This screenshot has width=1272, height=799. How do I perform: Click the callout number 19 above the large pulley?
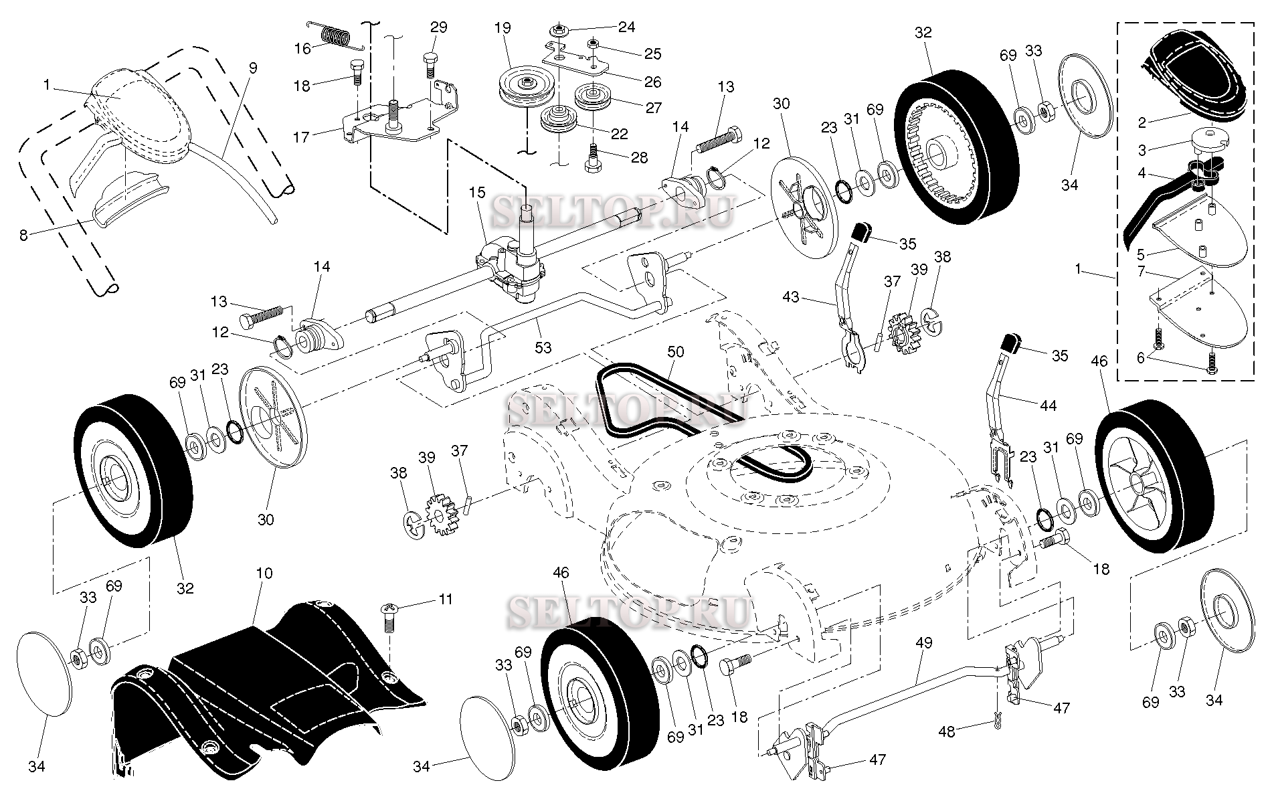pyautogui.click(x=503, y=28)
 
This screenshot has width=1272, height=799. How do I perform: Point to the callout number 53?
pyautogui.click(x=543, y=347)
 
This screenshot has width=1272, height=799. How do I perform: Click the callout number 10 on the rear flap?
pyautogui.click(x=264, y=573)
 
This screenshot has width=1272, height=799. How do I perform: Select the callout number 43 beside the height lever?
pyautogui.click(x=791, y=296)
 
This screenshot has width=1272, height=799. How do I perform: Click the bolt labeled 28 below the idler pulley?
pyautogui.click(x=591, y=163)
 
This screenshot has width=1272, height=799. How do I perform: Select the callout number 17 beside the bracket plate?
pyautogui.click(x=301, y=137)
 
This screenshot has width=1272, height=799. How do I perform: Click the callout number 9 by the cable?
pyautogui.click(x=252, y=68)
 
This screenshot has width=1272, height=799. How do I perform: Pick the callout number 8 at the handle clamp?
pyautogui.click(x=23, y=236)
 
